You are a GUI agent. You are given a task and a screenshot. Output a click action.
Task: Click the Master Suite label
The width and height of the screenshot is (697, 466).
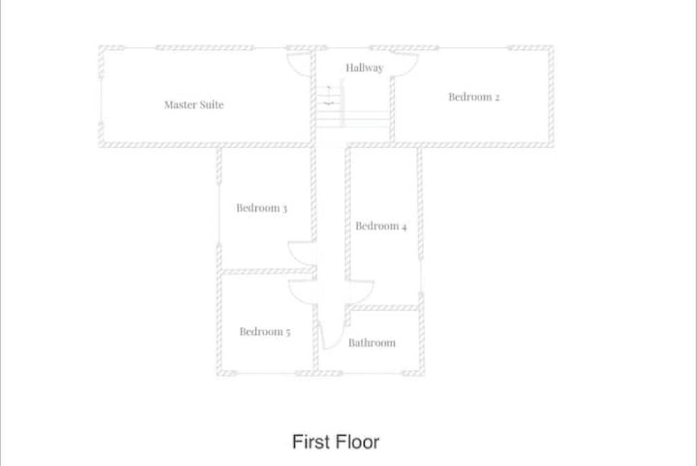[x=194, y=105]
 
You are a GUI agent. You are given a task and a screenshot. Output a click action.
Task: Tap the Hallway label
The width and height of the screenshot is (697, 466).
[x=365, y=67]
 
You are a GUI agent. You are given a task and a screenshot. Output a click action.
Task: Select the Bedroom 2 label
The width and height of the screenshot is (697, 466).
[x=474, y=97]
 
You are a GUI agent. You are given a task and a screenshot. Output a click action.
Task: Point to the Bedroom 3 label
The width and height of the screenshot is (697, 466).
[x=261, y=208]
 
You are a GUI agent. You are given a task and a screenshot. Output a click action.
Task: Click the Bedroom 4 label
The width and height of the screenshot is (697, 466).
[x=381, y=226]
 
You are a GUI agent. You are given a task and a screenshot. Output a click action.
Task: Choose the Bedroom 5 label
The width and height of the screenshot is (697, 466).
[x=265, y=332]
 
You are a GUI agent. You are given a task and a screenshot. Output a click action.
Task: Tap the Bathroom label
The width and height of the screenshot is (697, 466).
[x=372, y=343]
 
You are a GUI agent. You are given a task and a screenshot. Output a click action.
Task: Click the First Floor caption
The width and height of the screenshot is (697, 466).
[x=336, y=442]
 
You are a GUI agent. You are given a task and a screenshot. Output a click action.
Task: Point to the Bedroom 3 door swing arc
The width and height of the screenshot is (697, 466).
[x=295, y=258]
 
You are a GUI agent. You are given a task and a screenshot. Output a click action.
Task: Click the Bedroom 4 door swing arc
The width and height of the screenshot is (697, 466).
[x=367, y=296]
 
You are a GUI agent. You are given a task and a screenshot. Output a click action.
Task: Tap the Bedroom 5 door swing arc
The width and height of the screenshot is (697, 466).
[x=296, y=296]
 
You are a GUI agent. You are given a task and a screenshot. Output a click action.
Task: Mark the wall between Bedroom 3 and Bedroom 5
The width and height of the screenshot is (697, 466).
[x=267, y=271]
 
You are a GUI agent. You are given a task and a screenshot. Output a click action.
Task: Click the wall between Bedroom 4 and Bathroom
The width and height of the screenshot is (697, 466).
[x=383, y=307]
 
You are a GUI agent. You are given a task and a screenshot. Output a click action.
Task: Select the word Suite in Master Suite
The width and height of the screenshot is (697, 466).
[x=212, y=105]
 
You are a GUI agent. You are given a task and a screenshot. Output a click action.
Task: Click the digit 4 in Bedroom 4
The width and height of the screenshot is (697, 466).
[x=404, y=227]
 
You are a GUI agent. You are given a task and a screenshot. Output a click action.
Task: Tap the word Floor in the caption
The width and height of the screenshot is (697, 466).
[x=357, y=442]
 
